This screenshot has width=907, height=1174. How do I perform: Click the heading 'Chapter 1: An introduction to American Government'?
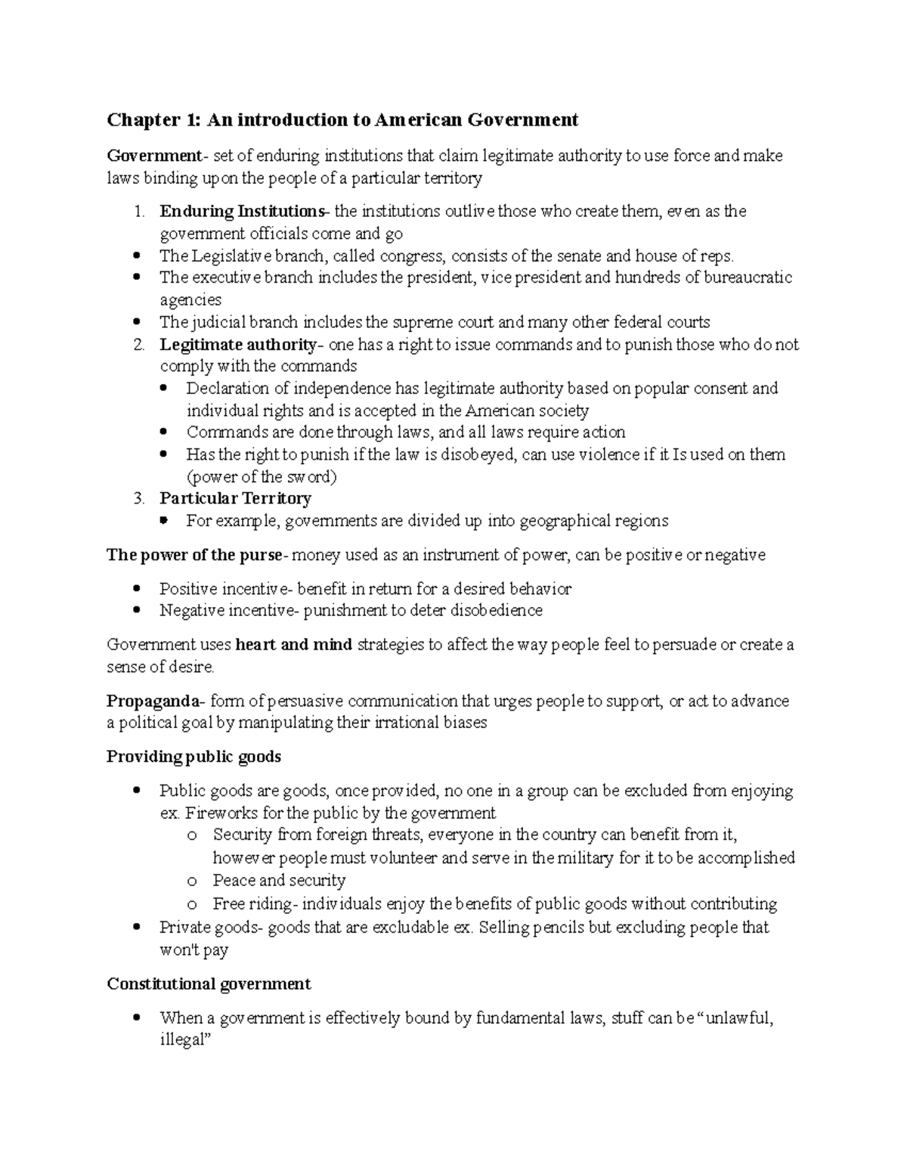342,119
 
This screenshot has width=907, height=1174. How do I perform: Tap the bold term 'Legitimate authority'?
237,345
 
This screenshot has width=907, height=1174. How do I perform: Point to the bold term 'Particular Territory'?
235,499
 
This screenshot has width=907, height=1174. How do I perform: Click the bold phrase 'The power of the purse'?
193,556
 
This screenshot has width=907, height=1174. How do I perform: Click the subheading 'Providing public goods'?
193,757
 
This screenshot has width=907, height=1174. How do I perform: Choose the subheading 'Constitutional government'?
209,984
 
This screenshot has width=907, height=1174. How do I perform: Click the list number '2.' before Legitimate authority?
138,345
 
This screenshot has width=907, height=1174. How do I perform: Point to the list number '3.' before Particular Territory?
138,499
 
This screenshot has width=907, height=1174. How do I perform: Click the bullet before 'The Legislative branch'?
136,256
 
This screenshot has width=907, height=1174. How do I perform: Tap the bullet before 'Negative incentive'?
136,610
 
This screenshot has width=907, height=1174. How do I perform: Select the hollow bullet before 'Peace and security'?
193,881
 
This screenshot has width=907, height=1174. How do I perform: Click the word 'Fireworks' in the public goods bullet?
217,814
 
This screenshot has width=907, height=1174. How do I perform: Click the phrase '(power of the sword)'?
262,477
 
